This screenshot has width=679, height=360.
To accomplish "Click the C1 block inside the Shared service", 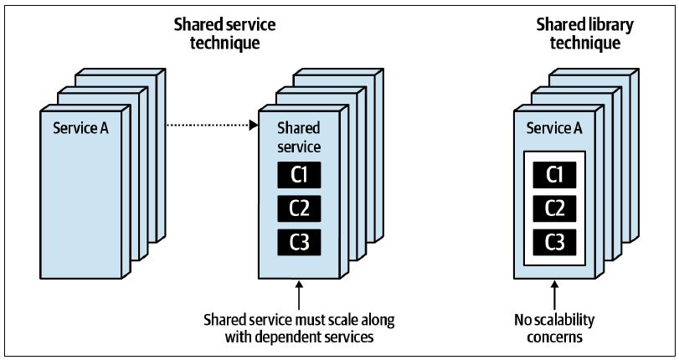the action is pos(299,175).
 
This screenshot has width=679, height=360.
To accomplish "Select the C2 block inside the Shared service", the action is pos(299,208).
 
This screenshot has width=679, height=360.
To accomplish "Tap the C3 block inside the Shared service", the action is pos(299,242).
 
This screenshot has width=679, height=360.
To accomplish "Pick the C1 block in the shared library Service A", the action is pos(555,175).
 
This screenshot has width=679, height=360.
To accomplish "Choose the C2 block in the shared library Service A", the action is pos(555,208).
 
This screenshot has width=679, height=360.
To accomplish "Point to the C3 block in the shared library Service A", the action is pos(555,242).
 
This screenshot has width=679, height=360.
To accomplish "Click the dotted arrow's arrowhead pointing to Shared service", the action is pos(254,126).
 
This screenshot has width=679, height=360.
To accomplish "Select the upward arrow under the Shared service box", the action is pos(299,295).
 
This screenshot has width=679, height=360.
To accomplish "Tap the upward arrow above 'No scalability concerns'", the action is pos(555,295).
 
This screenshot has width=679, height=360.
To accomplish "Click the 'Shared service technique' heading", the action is pos(224,33).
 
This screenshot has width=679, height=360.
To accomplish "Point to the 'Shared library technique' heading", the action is pos(585,33).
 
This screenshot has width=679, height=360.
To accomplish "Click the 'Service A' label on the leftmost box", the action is pos(80,128).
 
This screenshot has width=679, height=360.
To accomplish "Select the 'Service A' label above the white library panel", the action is pos(554,128).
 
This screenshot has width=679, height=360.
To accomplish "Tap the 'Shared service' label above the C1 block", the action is pos(299,137).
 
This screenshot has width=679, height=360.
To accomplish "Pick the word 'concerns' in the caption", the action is pos(555,337).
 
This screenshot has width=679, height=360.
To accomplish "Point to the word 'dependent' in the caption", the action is pos(291,337).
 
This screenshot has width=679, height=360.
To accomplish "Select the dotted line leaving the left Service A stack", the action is pos(208,126).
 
